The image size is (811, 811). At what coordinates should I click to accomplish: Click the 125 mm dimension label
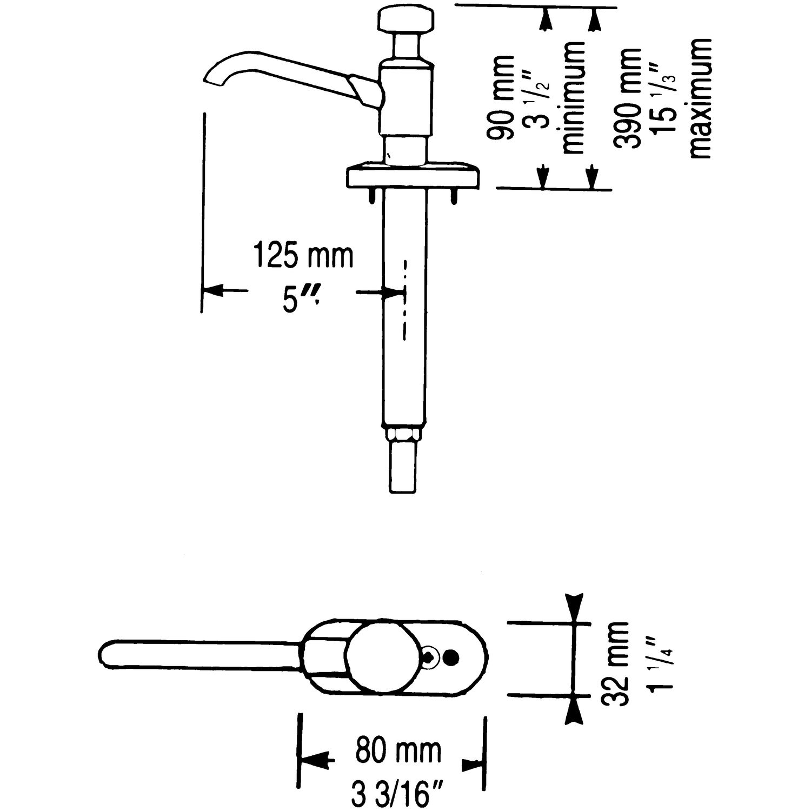304,257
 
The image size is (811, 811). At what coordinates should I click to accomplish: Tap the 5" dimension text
298,301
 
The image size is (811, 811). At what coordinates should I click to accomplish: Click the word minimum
574,97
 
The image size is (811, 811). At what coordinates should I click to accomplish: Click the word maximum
700,98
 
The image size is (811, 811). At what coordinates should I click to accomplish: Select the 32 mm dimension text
616,663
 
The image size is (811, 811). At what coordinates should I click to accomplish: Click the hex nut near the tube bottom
403,434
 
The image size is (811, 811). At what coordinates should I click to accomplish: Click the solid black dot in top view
450,657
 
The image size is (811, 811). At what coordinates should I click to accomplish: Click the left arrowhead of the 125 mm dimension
212,290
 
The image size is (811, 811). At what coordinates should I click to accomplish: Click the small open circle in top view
430,656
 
